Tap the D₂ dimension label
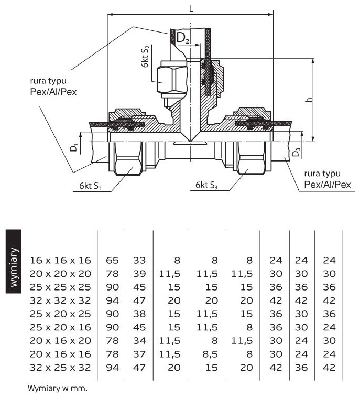click(182, 37)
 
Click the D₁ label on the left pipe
click(75, 147)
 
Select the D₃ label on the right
click(297, 152)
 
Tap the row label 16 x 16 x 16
click(60, 260)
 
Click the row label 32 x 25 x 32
click(60, 368)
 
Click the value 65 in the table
click(112, 260)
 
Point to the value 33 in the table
click(139, 260)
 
